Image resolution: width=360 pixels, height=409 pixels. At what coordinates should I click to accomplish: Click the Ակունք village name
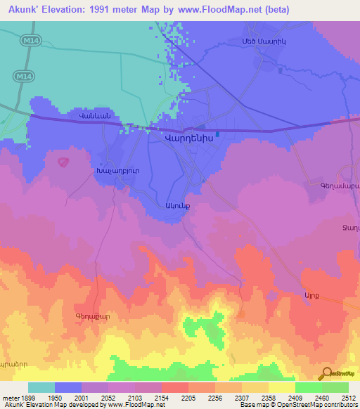176,207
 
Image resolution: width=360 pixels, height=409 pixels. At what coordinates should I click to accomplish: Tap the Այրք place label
311,295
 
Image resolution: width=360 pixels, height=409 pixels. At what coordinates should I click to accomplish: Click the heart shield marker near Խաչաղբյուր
63,162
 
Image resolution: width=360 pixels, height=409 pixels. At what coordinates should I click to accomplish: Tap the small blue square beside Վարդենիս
219,134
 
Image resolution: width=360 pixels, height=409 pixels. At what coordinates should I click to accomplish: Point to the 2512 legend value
349,398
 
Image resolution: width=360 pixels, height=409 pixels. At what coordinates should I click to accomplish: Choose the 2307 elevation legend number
242,398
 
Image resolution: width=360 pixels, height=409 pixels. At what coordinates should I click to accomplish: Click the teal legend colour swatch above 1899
41,387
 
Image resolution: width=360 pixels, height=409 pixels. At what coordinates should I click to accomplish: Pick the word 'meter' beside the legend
10,398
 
